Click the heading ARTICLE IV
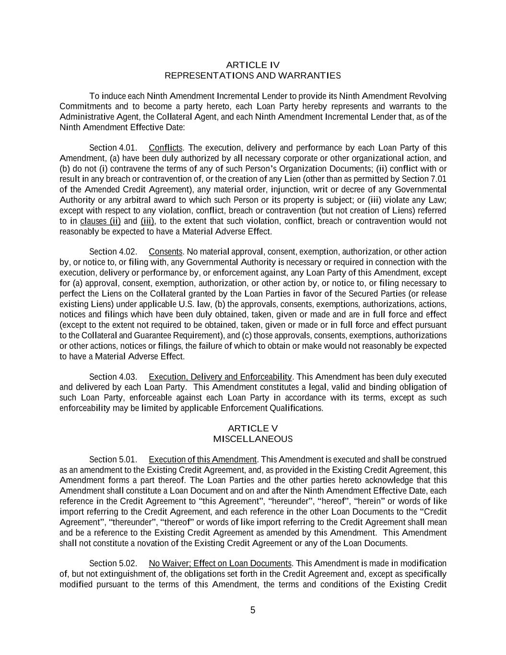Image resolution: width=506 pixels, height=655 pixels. coord(253,65)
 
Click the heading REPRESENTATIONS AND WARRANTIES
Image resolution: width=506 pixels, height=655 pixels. coord(253,75)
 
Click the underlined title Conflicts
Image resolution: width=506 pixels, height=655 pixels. coord(166,148)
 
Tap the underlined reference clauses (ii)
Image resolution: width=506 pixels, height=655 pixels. coord(100,221)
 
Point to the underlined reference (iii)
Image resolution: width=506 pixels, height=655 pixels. coord(148,221)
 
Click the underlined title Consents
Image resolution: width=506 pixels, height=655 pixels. coord(165,252)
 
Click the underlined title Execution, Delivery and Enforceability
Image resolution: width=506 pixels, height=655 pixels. coord(221,377)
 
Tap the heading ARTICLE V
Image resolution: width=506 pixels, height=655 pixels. coord(253,429)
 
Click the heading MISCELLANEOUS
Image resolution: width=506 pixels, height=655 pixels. coord(253,439)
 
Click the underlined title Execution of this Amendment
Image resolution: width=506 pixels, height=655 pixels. coord(203,460)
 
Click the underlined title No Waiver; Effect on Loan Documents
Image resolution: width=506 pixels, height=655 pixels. coord(220,563)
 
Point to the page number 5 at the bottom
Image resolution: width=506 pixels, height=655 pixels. coord(253,610)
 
